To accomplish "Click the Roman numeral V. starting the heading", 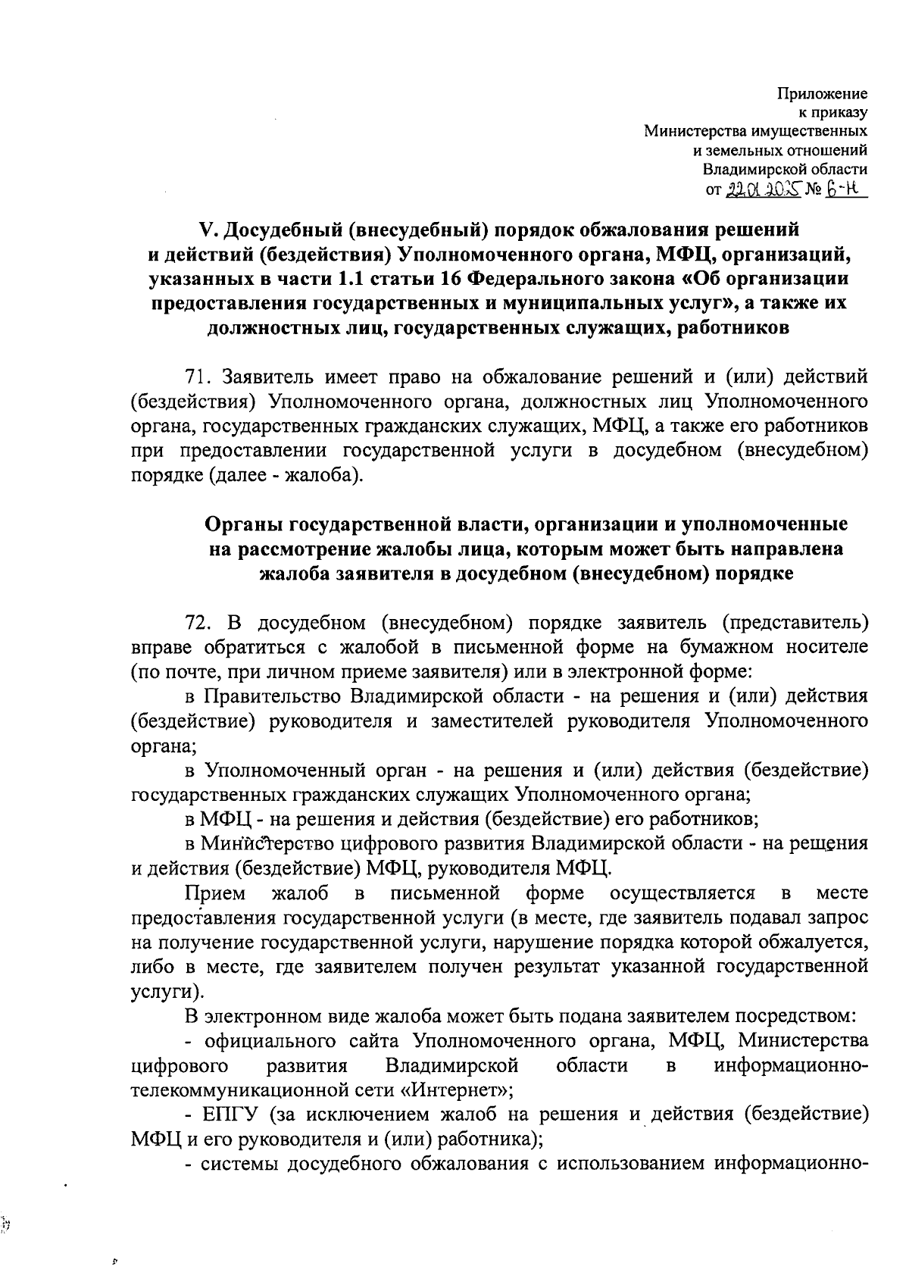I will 206,229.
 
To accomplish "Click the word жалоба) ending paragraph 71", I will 328,475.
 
